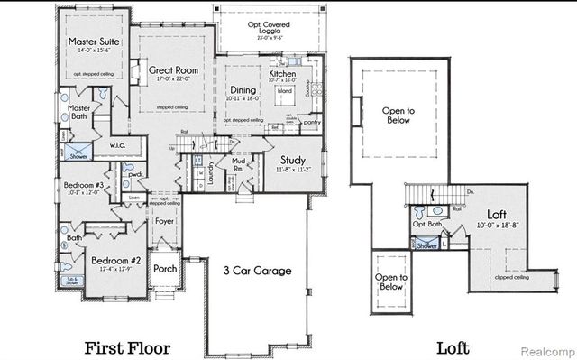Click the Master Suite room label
click(x=87, y=42)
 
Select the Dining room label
click(x=243, y=89)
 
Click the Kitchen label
click(x=283, y=76)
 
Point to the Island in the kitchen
click(x=286, y=92)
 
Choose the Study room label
click(x=295, y=159)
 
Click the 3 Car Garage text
click(x=257, y=271)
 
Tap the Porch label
click(x=165, y=268)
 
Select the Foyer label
click(x=164, y=219)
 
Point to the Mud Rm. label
click(x=240, y=165)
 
